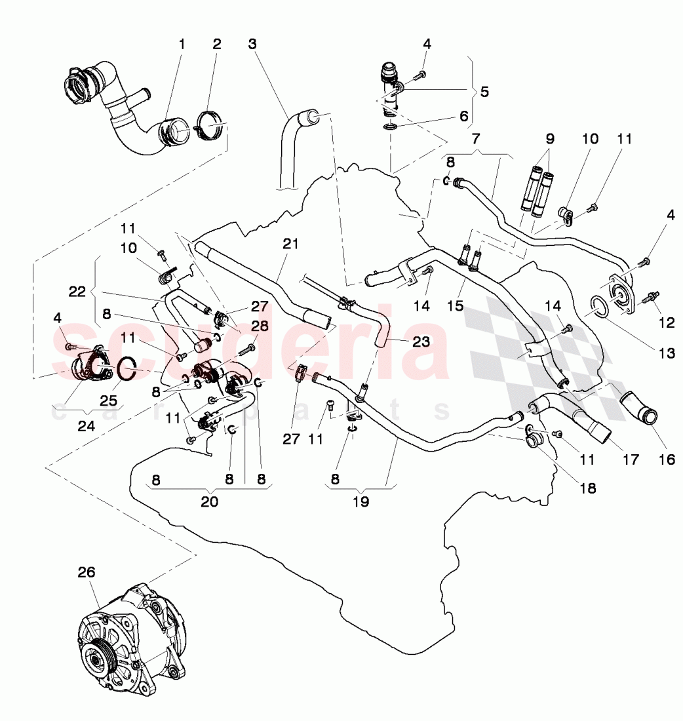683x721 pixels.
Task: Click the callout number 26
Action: (x=87, y=572)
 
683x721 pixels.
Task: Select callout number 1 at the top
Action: (x=182, y=44)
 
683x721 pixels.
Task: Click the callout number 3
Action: (x=252, y=44)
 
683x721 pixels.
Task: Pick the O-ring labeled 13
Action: (x=602, y=305)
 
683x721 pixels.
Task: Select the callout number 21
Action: (x=290, y=244)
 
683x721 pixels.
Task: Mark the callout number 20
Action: (x=209, y=503)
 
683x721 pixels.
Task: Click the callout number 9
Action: (x=549, y=139)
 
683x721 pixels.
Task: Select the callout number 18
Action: (x=587, y=488)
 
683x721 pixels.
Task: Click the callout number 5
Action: (x=484, y=92)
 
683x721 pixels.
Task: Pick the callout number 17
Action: (x=630, y=460)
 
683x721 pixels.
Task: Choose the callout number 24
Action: (x=86, y=425)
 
